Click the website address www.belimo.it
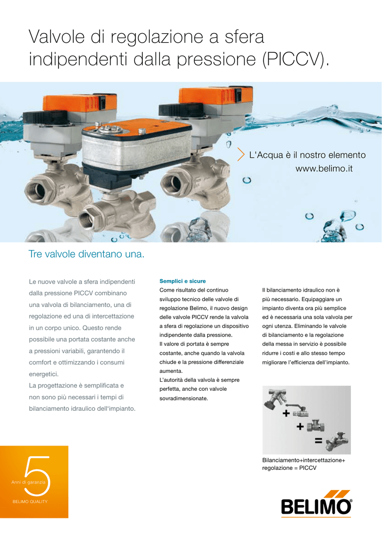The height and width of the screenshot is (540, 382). point(324,169)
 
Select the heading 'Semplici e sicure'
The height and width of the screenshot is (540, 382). point(182,281)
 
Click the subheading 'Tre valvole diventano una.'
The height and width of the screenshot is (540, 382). point(86,254)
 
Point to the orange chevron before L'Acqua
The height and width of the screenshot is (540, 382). point(241,155)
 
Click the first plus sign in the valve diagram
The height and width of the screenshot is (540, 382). point(286,413)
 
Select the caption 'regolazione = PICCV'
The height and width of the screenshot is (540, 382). point(289,468)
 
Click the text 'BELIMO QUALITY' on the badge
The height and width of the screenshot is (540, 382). point(30,502)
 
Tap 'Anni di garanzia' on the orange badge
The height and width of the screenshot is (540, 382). point(28,482)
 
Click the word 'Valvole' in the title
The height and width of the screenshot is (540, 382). point(57,36)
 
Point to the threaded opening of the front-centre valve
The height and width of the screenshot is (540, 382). point(87,220)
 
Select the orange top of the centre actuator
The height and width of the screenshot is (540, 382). point(138,127)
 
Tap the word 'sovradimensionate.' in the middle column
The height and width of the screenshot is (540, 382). point(183,399)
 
